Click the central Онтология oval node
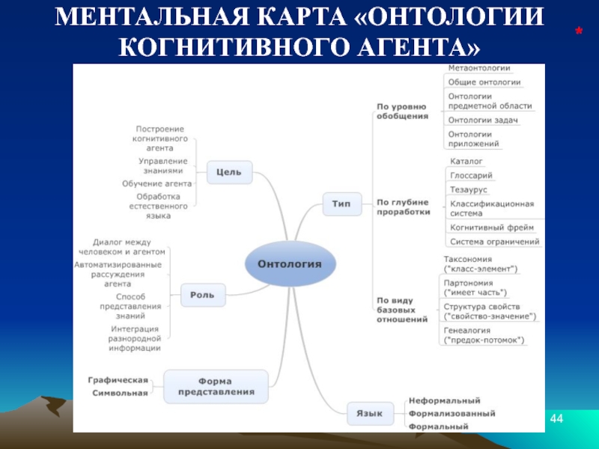[x=290, y=263]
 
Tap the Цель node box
[x=228, y=171]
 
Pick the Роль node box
[x=203, y=295]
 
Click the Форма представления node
[x=216, y=386]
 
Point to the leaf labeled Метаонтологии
[x=478, y=69]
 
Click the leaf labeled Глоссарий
[x=471, y=176]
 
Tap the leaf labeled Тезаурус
[x=469, y=189]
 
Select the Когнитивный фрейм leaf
[x=491, y=227]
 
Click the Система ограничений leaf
[x=494, y=242]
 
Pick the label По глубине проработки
[x=403, y=207]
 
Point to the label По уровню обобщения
[x=402, y=111]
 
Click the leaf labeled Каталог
[x=466, y=161]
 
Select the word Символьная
[x=121, y=393]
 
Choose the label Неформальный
[x=444, y=401]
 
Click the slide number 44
[x=556, y=416]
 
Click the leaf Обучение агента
[x=157, y=183]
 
